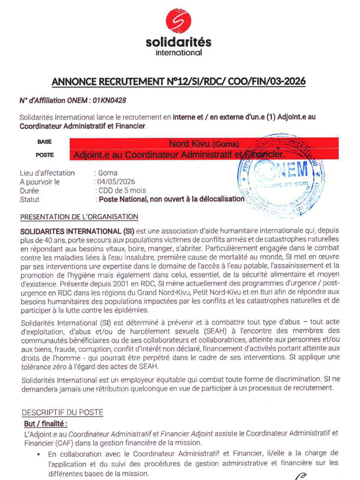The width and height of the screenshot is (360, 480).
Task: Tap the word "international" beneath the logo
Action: tap(178, 52)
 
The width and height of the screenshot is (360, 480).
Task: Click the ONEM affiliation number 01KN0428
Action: tap(109, 101)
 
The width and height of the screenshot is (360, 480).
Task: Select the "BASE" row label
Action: tap(45, 142)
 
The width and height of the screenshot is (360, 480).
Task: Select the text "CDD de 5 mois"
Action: tap(122, 190)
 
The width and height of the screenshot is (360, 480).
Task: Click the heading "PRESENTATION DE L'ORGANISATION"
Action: tap(79, 217)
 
